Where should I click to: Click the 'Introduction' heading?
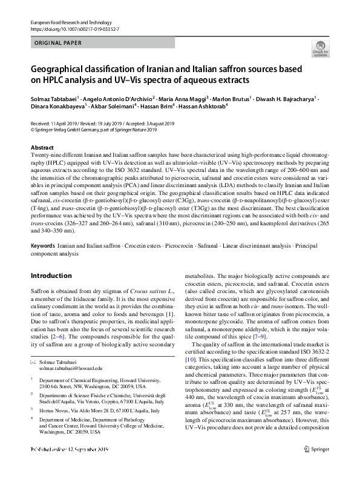point(51,276)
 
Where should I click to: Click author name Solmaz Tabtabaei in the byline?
point(54,99)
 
